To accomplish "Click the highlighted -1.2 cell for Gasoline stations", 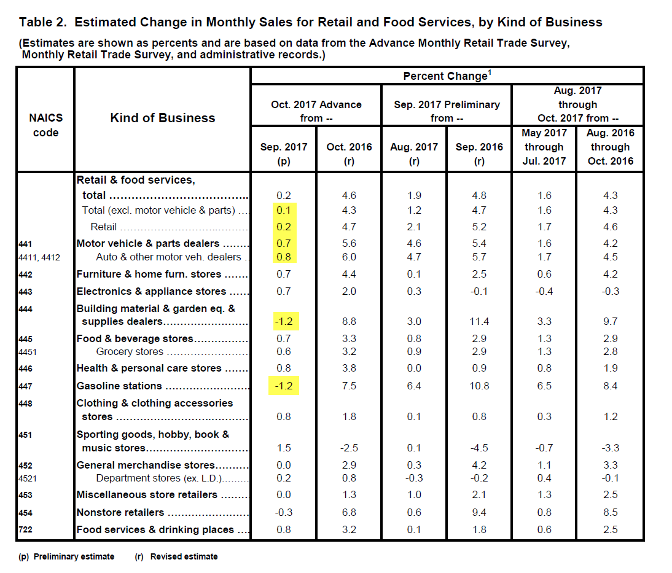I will point(283,386).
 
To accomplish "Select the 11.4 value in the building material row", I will point(479,321).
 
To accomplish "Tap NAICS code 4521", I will point(29,478).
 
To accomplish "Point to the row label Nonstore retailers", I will point(120,512).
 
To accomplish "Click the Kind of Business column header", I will point(163,118).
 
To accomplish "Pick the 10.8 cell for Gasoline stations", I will point(479,386).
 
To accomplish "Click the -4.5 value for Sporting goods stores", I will point(479,448).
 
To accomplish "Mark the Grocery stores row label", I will point(130,352).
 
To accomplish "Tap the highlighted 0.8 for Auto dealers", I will point(283,257).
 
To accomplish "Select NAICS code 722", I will point(26,529).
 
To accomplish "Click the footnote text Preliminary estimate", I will point(74,556).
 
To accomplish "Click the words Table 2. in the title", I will point(42,23).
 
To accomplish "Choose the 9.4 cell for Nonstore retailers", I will point(479,512).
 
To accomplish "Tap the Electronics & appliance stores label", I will point(151,291).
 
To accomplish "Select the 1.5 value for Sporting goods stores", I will point(283,448).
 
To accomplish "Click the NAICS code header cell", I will point(45,125).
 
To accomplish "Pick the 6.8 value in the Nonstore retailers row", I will point(348,512).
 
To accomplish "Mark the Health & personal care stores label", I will point(149,368).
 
